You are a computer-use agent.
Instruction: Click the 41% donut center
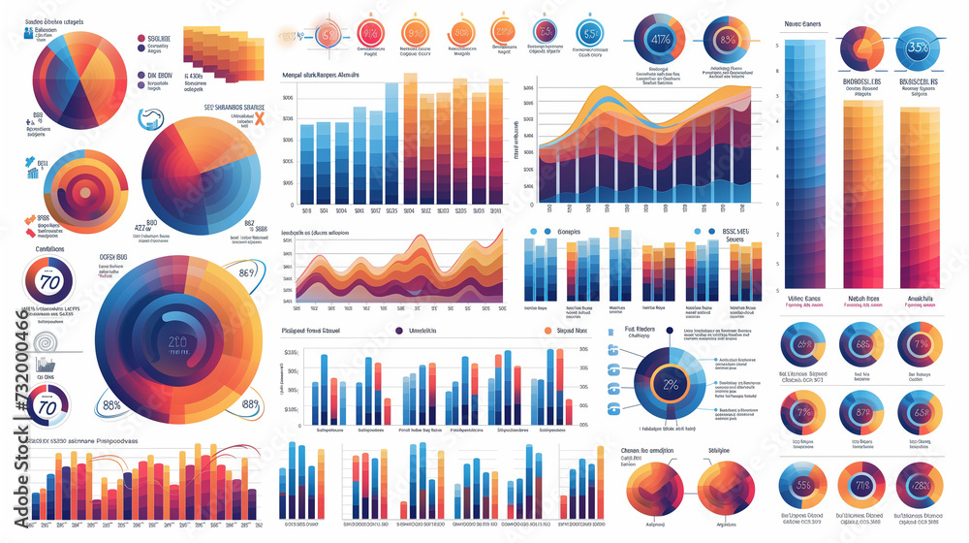coord(662,40)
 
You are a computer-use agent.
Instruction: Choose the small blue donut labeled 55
coord(802,485)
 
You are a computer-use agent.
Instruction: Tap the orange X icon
coord(257,119)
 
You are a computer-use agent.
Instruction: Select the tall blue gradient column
coord(802,165)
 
